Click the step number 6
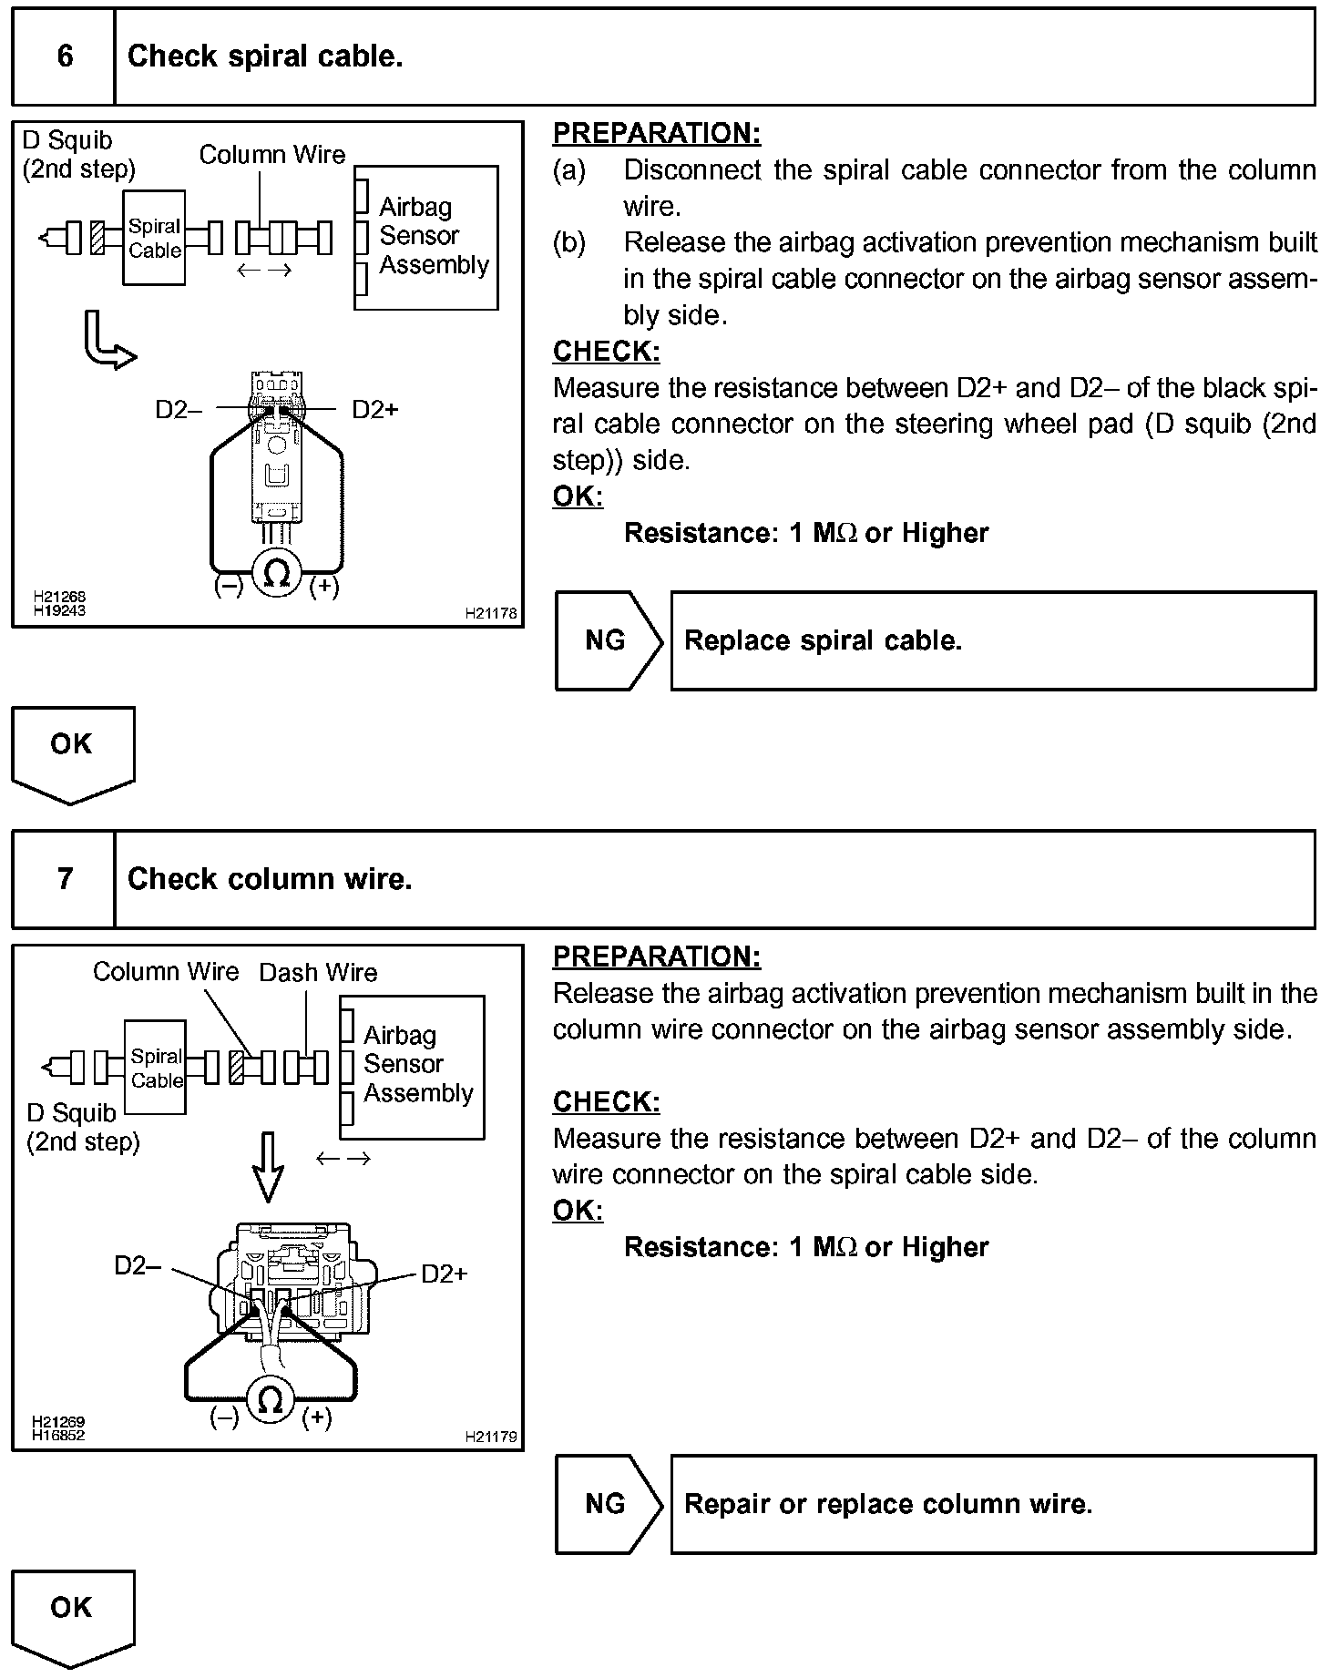(x=65, y=56)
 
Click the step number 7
(x=65, y=878)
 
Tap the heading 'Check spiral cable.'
(x=265, y=56)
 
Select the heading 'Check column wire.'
(x=270, y=878)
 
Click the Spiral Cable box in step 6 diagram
(x=154, y=238)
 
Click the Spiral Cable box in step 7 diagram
(x=156, y=1068)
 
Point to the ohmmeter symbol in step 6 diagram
(x=276, y=573)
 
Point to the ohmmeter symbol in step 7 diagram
(x=270, y=1401)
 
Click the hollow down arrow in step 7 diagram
(x=268, y=1167)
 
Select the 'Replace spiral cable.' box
(x=993, y=640)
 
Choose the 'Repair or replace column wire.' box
(x=993, y=1504)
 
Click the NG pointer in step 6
(x=607, y=640)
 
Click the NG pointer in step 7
(x=607, y=1504)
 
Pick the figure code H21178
(x=490, y=613)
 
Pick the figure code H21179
(x=490, y=1437)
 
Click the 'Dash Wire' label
(x=318, y=973)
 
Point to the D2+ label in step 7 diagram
(x=445, y=1274)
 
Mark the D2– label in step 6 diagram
(x=178, y=410)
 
